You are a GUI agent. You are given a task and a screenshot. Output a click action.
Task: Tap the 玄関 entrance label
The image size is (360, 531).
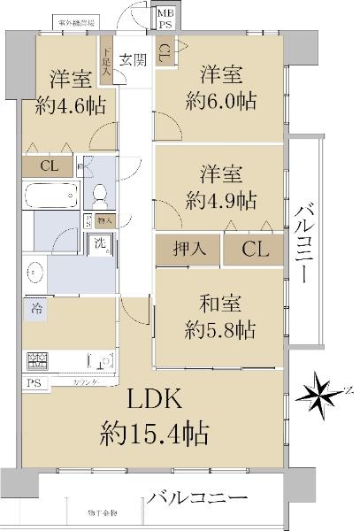[x=134, y=60]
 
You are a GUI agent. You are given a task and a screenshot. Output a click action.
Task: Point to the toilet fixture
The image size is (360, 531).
[x=100, y=192]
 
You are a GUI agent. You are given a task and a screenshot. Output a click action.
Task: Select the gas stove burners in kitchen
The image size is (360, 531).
[x=39, y=361]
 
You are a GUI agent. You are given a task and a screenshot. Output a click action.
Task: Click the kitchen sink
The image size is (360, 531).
[x=102, y=361]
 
